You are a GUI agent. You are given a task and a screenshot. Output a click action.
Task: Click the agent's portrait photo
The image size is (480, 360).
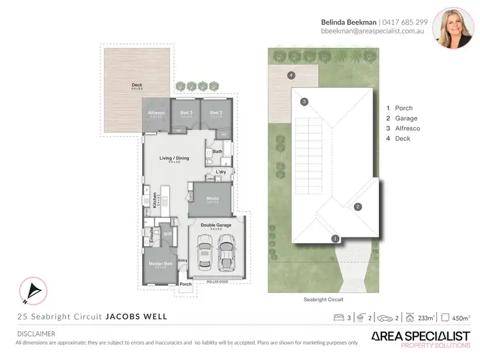click(x=452, y=27)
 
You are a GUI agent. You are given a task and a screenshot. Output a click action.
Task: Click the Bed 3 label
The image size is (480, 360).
click(x=186, y=113)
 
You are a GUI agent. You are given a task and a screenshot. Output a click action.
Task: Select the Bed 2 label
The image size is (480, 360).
click(x=216, y=113)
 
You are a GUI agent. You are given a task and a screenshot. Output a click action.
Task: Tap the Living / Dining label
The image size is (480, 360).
click(x=174, y=157)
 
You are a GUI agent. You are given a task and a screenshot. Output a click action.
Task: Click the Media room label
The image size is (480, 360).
click(x=212, y=198)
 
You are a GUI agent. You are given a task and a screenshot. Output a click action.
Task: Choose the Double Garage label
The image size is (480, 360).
click(x=216, y=225)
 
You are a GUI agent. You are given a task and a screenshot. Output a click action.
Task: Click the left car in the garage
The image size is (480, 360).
click(x=205, y=252)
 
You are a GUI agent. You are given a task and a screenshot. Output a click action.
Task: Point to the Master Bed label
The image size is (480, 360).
click(x=160, y=263)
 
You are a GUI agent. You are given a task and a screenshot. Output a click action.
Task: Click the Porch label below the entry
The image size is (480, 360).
click(x=186, y=284)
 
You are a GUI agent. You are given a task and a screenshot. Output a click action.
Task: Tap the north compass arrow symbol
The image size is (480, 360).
click(x=31, y=292)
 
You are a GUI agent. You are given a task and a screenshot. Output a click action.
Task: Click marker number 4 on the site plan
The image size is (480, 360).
click(x=291, y=75)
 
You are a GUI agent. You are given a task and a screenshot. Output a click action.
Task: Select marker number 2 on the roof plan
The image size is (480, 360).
click(x=358, y=206)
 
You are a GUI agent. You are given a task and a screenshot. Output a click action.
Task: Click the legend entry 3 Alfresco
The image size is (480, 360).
click(x=403, y=129)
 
